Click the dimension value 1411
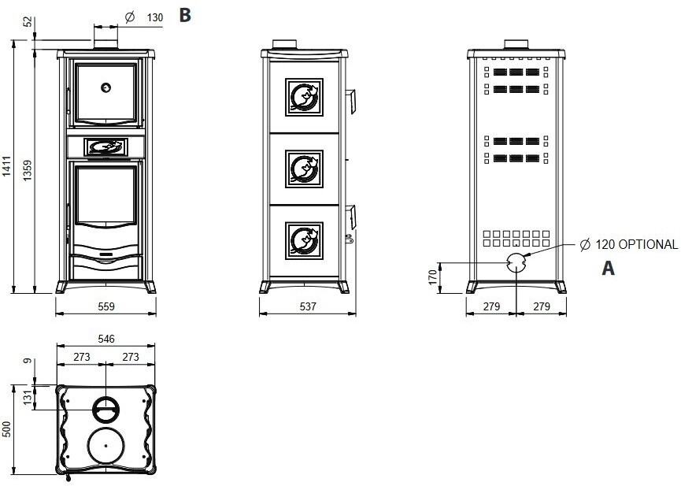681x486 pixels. coord(7,167)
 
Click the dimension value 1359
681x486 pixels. coord(28,170)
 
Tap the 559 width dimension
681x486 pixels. coord(106,306)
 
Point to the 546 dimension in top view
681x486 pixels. coord(106,339)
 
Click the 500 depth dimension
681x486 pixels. coord(7,430)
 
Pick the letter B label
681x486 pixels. coord(185,15)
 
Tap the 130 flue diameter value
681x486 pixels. coord(155,17)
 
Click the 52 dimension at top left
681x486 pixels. coord(28,23)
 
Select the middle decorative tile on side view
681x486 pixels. coord(303,168)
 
